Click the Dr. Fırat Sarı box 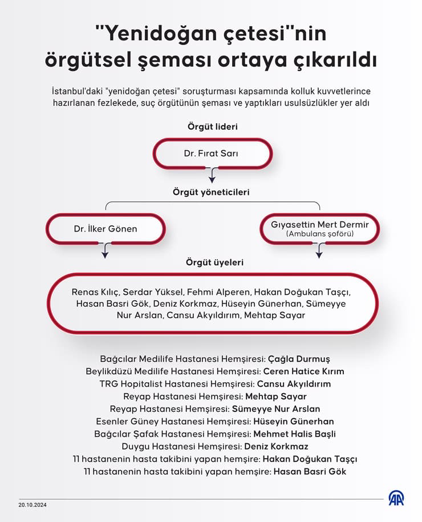(x=212, y=153)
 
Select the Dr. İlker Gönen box (x=105, y=229)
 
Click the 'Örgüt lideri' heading (x=212, y=126)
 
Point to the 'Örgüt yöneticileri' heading (x=211, y=192)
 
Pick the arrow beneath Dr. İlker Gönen (x=104, y=250)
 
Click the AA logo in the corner (x=396, y=497)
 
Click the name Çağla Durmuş (x=299, y=359)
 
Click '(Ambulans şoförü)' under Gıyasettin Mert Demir (x=319, y=234)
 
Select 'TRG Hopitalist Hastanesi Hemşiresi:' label (x=177, y=384)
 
